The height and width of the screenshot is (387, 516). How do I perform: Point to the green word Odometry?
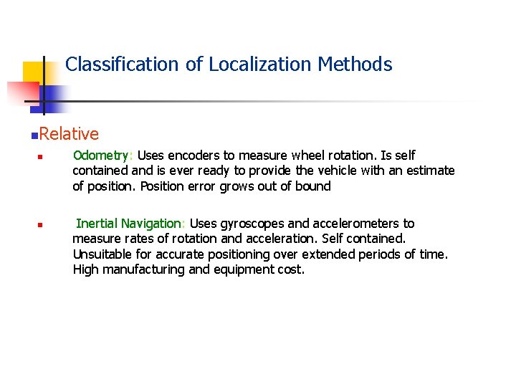point(101,156)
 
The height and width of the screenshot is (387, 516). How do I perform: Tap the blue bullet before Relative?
point(35,135)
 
